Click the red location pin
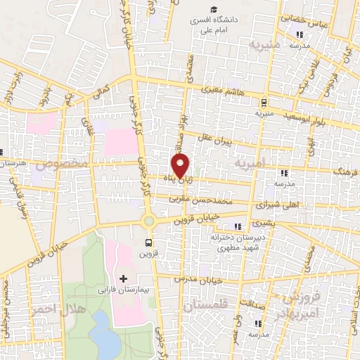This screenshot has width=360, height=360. [x=181, y=166]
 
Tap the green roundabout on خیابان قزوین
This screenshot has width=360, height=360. [x=149, y=221]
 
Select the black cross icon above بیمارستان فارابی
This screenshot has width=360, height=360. [x=124, y=279]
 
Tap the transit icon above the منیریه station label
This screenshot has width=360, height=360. [x=263, y=102]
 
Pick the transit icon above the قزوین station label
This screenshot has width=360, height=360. [x=148, y=243]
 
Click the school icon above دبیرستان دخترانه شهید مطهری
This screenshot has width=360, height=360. [x=238, y=226]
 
